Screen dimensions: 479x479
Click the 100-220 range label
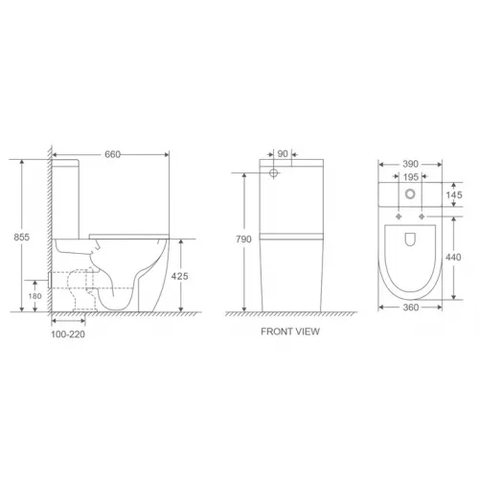(69, 334)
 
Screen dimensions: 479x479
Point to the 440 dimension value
(457, 256)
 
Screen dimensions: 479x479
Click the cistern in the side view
(70, 196)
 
